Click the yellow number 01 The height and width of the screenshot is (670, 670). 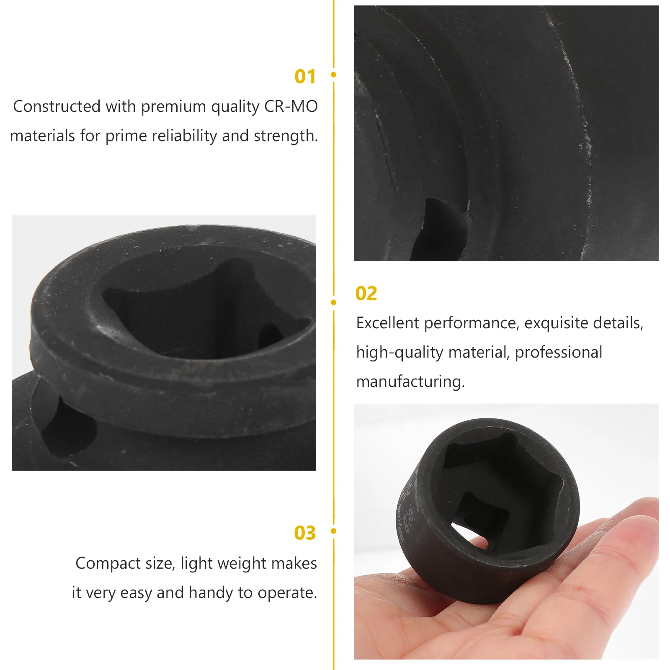tap(305, 77)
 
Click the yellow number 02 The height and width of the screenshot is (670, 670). tap(366, 294)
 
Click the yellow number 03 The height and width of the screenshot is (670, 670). tap(304, 533)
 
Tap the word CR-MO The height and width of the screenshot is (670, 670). tap(291, 106)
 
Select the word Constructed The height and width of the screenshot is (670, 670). tap(57, 106)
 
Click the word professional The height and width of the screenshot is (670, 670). tap(558, 353)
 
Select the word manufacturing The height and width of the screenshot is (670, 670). tap(410, 382)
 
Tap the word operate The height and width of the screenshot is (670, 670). tap(287, 593)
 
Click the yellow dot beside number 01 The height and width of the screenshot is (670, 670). tap(334, 75)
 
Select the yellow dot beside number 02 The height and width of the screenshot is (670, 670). tap(334, 302)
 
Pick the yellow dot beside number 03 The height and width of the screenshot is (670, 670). tap(334, 531)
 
